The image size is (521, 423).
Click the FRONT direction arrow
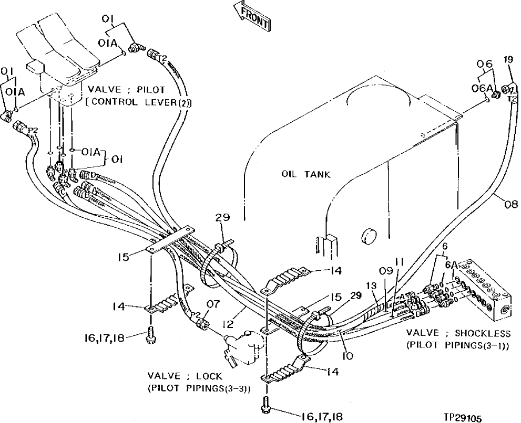[x=252, y=16]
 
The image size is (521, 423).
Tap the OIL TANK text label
[x=306, y=174]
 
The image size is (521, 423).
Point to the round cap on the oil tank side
[x=369, y=236]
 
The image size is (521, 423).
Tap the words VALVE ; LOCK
[x=185, y=376]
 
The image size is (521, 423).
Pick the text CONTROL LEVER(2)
[x=139, y=103]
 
